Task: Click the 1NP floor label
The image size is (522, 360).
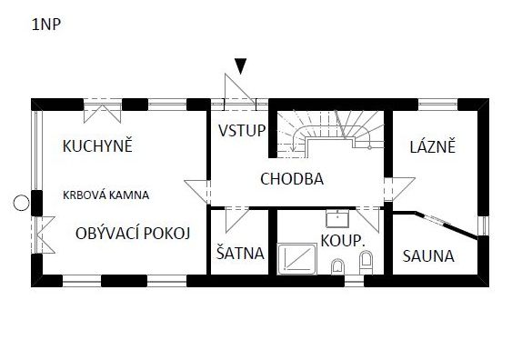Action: [46, 25]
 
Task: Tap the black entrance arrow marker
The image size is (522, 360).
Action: [240, 66]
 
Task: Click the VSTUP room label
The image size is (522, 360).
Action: [242, 130]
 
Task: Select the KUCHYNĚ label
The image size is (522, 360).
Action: [97, 145]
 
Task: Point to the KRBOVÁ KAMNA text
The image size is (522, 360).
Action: [105, 195]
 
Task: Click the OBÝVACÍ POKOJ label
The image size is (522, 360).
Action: [133, 234]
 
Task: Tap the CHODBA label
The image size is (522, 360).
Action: [292, 179]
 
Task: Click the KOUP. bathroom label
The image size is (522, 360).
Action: [343, 240]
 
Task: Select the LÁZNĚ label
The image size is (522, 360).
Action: [433, 146]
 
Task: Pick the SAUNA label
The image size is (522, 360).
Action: [428, 256]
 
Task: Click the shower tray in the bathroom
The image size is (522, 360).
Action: [297, 259]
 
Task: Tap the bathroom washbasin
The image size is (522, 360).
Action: [337, 218]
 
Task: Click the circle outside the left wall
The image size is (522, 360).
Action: [21, 203]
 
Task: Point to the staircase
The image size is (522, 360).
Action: [329, 133]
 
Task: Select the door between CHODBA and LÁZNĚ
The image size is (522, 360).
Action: [399, 189]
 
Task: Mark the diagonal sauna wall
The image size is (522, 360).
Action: [446, 225]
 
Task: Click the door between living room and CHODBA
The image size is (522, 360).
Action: [197, 192]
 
